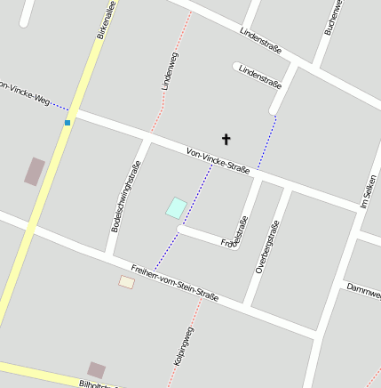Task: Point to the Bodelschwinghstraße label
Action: (x=125, y=197)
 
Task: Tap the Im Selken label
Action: (x=368, y=191)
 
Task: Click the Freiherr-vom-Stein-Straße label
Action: (x=174, y=283)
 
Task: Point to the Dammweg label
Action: (x=363, y=290)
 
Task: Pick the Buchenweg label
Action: (x=333, y=16)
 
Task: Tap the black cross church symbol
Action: (x=226, y=139)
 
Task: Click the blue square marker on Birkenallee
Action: (x=67, y=123)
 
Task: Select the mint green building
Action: (x=176, y=207)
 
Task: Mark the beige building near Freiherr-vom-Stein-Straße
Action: (x=127, y=282)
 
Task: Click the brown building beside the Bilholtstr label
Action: (x=96, y=369)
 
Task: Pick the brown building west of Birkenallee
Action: (x=35, y=171)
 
